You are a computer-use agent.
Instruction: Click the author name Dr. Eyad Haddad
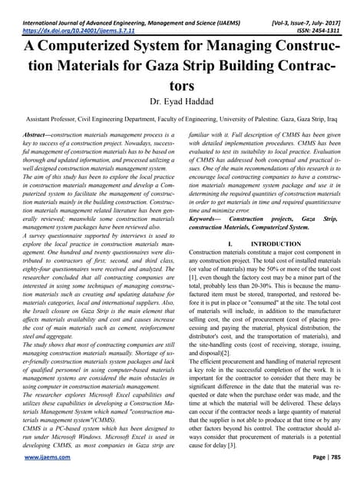179,101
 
